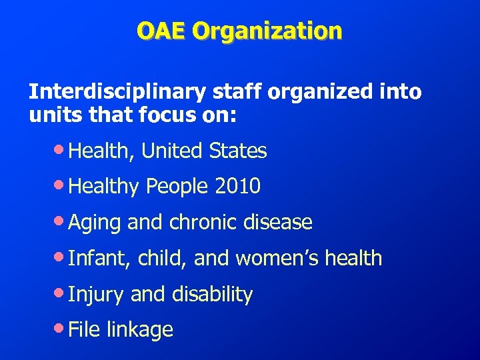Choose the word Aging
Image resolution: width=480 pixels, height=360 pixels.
click(x=95, y=223)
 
